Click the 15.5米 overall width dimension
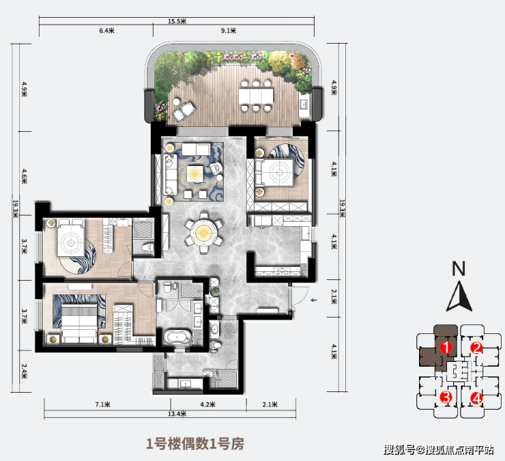(x=177, y=21)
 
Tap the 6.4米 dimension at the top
(x=107, y=31)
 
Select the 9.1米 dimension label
(x=229, y=31)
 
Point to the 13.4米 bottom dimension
(x=177, y=414)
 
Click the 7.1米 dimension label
(x=103, y=404)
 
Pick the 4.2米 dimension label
(x=207, y=404)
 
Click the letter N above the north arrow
(x=459, y=268)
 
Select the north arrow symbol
(x=459, y=296)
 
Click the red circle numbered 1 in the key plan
(x=446, y=348)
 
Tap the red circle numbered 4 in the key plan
(x=476, y=398)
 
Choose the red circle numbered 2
(x=476, y=348)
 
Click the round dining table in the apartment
(x=203, y=232)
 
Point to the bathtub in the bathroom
(x=177, y=337)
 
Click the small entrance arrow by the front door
(x=313, y=301)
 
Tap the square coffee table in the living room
(x=194, y=174)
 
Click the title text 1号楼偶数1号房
(x=195, y=444)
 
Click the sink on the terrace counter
(x=304, y=104)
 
